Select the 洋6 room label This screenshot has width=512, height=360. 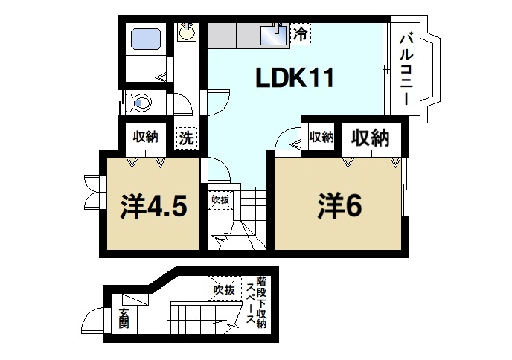342,206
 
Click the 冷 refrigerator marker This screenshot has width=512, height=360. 299,33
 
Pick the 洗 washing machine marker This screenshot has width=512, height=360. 186,138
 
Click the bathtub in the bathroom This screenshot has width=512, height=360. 145,38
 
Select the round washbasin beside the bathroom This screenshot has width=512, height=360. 186,32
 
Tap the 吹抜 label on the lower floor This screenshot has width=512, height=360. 223,289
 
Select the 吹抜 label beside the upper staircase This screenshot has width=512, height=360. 219,199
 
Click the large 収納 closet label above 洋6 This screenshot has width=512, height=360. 370,138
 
